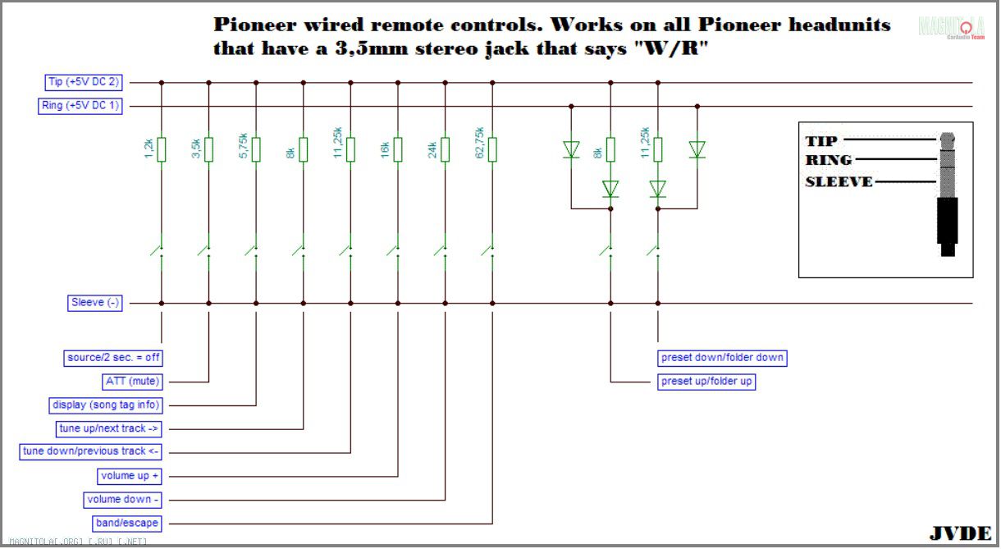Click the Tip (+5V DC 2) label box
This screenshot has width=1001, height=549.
pos(82,82)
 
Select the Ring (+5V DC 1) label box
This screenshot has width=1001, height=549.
pos(80,106)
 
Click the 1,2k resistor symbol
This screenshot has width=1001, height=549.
pos(162,149)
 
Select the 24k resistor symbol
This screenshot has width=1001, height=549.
pos(446,149)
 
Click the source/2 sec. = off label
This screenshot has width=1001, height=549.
pos(113,358)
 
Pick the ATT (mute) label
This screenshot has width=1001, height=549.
pos(133,381)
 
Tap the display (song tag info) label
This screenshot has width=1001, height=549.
pos(106,405)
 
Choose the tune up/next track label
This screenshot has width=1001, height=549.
pos(108,428)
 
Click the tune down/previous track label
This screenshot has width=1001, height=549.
pos(90,451)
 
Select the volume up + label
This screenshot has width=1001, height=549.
pos(130,476)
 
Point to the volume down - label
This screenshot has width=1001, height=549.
pos(123,499)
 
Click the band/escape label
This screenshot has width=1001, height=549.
pos(127,523)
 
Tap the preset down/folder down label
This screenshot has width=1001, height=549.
pos(722,358)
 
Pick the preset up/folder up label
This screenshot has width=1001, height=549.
pos(706,382)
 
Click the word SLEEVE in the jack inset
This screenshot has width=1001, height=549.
pos(838,181)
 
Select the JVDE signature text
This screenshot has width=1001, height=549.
pos(960,533)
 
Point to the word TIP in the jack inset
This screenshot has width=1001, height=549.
pos(820,140)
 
